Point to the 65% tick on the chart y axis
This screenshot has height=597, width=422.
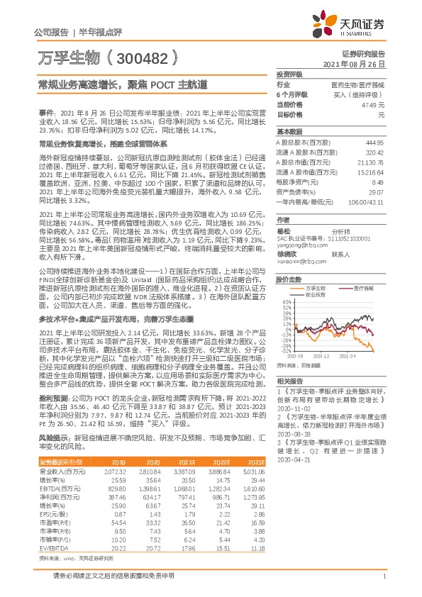click(286, 301)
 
